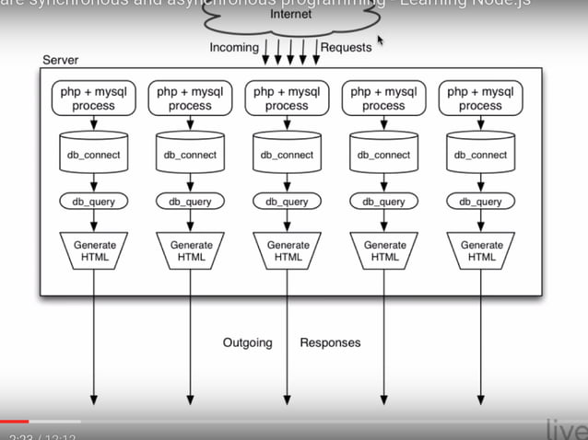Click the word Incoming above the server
pyautogui.click(x=234, y=47)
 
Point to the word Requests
pyautogui.click(x=347, y=47)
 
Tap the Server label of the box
pyautogui.click(x=62, y=60)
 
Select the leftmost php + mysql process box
pyautogui.click(x=94, y=98)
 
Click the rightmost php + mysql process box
pyautogui.click(x=480, y=98)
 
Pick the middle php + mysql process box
pyautogui.click(x=287, y=98)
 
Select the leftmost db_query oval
pyautogui.click(x=94, y=202)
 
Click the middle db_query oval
pyautogui.click(x=287, y=202)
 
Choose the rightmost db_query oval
pyautogui.click(x=480, y=202)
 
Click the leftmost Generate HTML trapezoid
pyautogui.click(x=94, y=250)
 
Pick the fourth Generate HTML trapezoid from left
pyautogui.click(x=383, y=250)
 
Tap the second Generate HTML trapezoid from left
pyautogui.click(x=191, y=250)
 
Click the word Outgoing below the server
pyautogui.click(x=247, y=342)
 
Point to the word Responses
pyautogui.click(x=330, y=342)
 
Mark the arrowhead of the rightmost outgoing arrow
pyautogui.click(x=480, y=399)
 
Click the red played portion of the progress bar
pyautogui.click(x=15, y=422)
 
